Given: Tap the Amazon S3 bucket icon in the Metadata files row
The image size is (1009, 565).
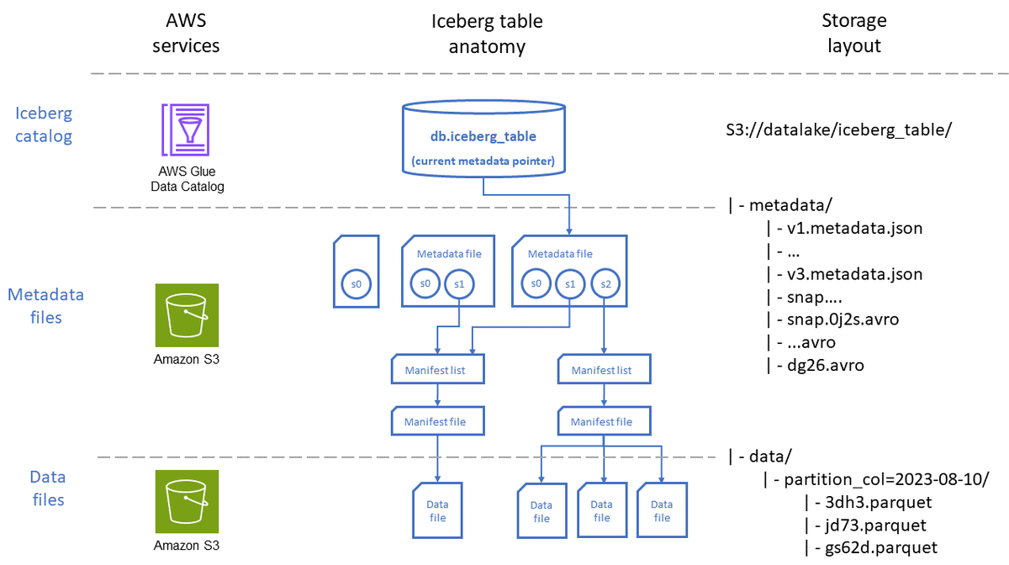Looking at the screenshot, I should [187, 315].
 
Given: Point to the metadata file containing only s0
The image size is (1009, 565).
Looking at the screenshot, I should [357, 272].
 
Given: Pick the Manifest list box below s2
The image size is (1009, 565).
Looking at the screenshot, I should [601, 370].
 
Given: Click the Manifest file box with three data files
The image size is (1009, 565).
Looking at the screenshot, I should [601, 421].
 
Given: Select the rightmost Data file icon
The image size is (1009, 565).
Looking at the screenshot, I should [662, 510].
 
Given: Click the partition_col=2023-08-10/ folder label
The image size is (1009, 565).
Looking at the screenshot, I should [885, 479].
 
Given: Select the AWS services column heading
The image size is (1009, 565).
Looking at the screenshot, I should [186, 33].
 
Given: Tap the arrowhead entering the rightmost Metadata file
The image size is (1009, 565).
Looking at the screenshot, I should [570, 230].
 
